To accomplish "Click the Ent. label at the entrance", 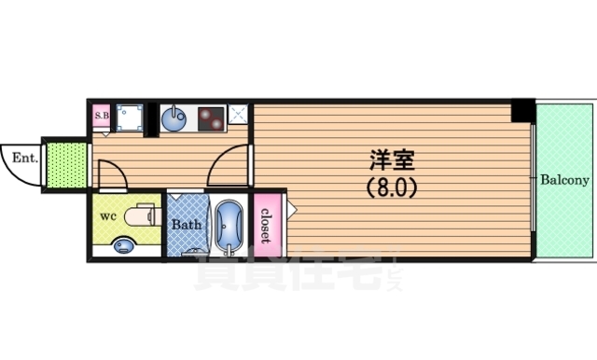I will (x=24, y=158).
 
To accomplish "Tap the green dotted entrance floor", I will (x=66, y=164).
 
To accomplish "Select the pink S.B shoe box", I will (x=102, y=117).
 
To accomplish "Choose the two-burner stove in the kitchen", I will (x=209, y=119).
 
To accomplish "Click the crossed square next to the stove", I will (x=239, y=115).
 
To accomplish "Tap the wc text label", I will (x=107, y=217).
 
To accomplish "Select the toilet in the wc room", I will (x=141, y=216).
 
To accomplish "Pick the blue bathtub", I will (x=229, y=226).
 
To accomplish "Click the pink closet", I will (x=268, y=224).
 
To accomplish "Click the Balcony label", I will (x=562, y=179).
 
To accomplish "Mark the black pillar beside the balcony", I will (x=523, y=111).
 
